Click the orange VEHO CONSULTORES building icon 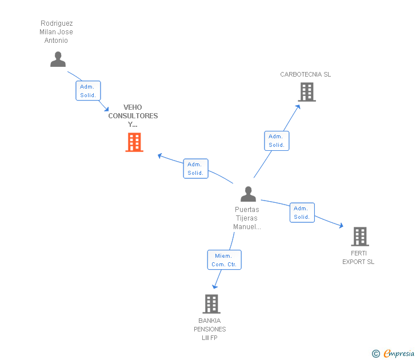(134, 142)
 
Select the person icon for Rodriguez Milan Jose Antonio (58, 59)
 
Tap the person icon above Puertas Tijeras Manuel (248, 194)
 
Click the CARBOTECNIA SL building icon (307, 92)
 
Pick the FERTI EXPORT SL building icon (359, 236)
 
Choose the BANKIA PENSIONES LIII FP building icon (211, 303)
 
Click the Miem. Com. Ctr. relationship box (224, 260)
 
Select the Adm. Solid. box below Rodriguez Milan (88, 91)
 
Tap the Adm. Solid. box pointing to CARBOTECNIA (277, 141)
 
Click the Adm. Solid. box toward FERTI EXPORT (302, 213)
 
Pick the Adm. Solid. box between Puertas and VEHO (195, 169)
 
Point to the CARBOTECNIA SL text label (305, 74)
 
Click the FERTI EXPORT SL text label (358, 257)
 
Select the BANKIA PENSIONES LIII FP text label (210, 329)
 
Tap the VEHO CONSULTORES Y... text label (133, 116)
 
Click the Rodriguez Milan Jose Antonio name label (57, 32)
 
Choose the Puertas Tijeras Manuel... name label (247, 218)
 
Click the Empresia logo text (399, 354)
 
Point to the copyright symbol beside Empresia (376, 354)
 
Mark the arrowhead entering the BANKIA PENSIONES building (215, 287)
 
